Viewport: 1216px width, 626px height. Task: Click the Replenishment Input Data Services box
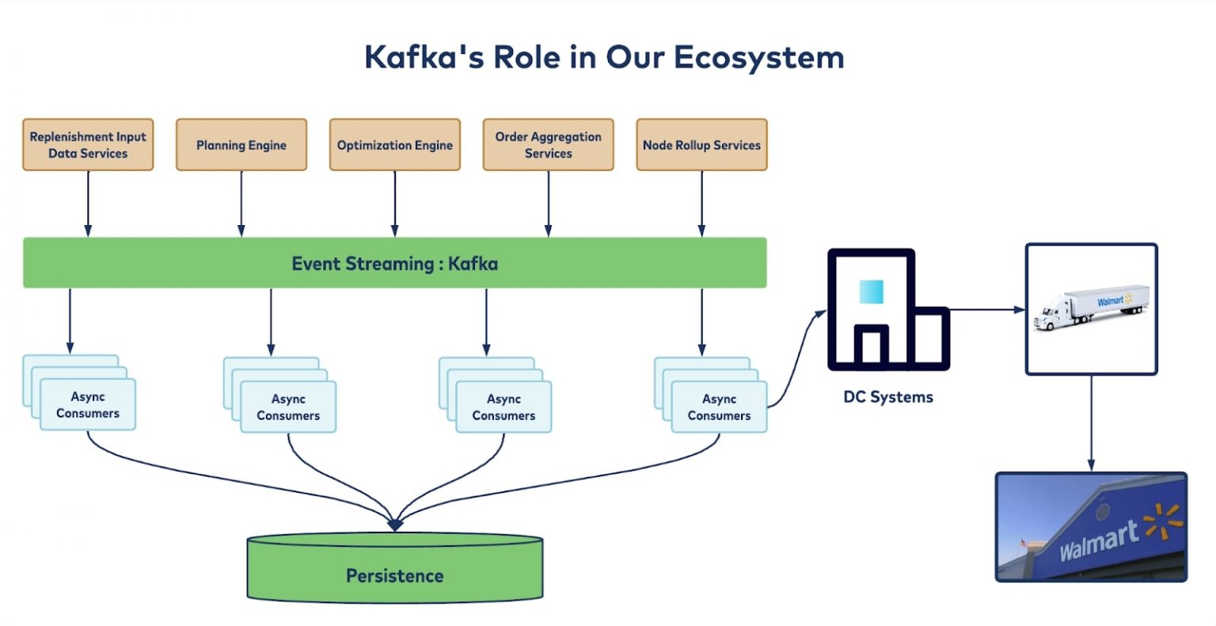(x=88, y=145)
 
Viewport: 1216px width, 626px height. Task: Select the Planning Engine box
(x=241, y=145)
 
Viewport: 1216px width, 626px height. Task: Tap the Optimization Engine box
(x=395, y=145)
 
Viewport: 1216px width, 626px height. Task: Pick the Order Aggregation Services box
(x=549, y=145)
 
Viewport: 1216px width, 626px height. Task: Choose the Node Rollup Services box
(x=702, y=145)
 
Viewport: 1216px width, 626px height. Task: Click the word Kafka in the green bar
(x=473, y=264)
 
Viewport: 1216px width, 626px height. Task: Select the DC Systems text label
(x=888, y=397)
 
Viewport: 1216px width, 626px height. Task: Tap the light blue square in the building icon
(x=871, y=292)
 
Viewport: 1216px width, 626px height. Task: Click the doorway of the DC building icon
(x=871, y=347)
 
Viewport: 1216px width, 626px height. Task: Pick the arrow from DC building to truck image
(x=986, y=310)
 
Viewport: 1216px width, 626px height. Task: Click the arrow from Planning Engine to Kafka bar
(x=241, y=204)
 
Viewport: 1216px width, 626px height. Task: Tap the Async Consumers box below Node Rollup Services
(x=719, y=407)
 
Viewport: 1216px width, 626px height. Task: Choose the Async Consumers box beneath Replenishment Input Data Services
(x=88, y=405)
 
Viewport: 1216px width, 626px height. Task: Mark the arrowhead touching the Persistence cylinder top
(x=395, y=524)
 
